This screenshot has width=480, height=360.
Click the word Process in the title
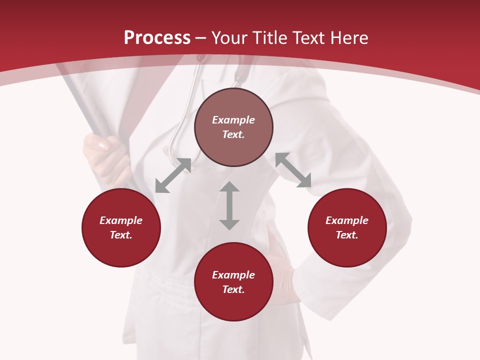157,38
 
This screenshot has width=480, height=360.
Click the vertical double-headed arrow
229,205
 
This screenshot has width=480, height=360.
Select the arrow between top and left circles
173,175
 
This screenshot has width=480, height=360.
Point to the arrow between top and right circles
293,170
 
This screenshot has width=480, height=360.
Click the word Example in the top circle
233,120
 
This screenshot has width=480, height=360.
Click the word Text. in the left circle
121,235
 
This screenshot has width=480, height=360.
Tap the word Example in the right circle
347,220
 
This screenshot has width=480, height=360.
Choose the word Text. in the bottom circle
233,289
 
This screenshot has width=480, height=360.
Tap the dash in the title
201,38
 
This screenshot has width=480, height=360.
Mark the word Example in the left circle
121,220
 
